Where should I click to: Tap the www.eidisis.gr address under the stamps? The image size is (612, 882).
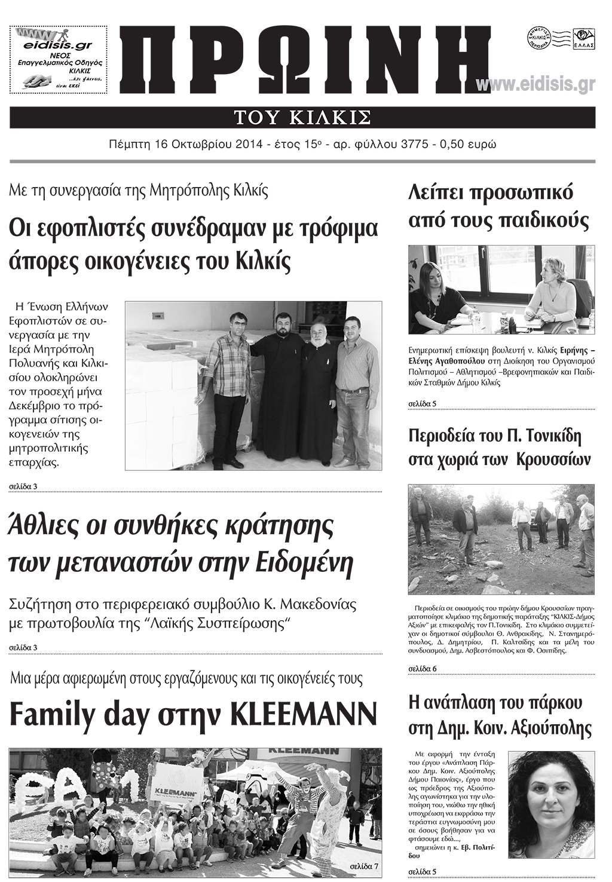pyautogui.click(x=535, y=85)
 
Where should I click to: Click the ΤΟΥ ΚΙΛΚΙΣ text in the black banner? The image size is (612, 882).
pyautogui.click(x=302, y=117)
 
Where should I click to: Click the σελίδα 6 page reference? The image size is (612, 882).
pyautogui.click(x=422, y=668)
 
